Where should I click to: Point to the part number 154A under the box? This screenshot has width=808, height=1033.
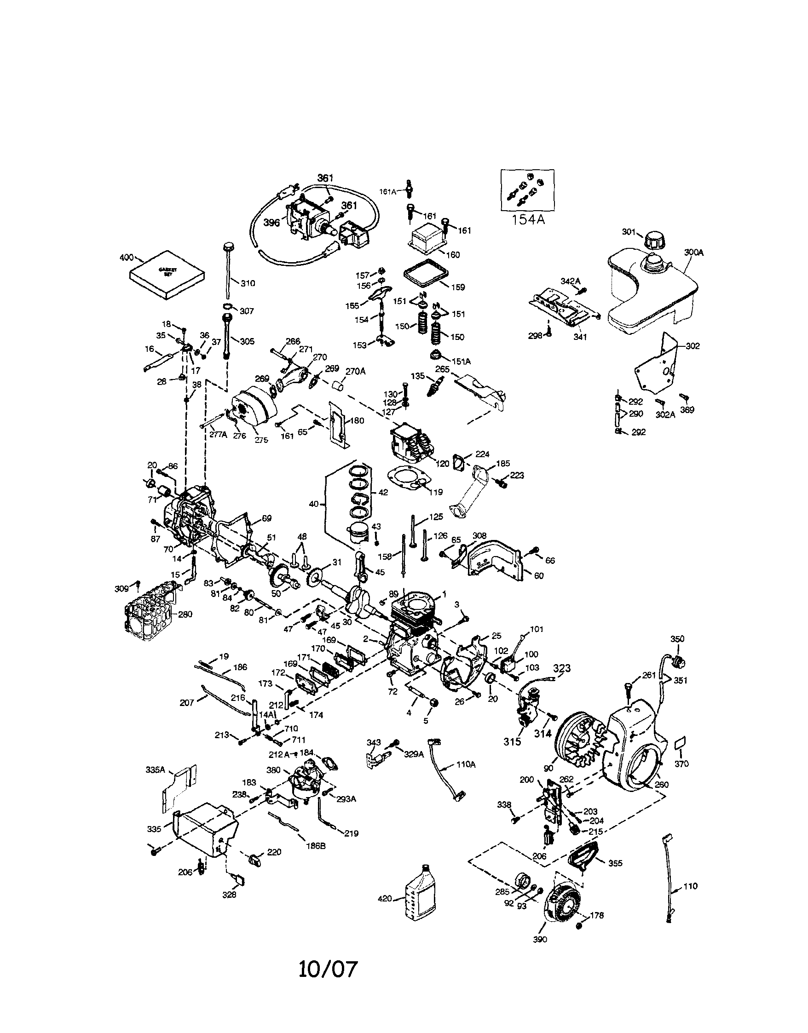click(x=528, y=219)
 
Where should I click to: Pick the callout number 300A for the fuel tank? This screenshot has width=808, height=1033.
click(x=693, y=253)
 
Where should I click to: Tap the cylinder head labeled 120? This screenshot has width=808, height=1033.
click(x=410, y=444)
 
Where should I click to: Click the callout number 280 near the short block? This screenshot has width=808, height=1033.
click(x=185, y=614)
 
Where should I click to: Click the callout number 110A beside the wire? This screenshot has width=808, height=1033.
click(x=466, y=764)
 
